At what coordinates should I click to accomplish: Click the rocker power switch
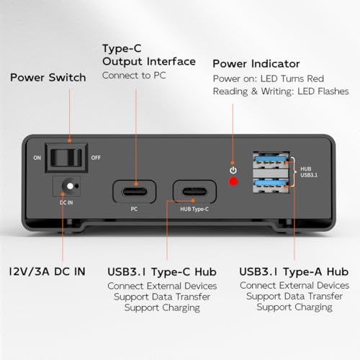[x=66, y=158]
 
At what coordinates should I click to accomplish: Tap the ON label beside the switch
[x=37, y=158]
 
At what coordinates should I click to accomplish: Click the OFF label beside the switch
[x=96, y=158]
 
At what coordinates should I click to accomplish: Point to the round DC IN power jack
[x=70, y=186]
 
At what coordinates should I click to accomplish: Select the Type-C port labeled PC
[x=135, y=192]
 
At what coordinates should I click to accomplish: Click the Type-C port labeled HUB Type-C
[x=194, y=192]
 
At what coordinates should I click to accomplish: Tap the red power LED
[x=233, y=181]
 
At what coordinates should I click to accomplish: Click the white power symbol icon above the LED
[x=233, y=170]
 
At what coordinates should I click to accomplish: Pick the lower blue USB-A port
[x=271, y=185]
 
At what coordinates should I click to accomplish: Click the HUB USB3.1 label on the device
[x=309, y=172]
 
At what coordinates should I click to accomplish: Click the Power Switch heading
[x=48, y=78]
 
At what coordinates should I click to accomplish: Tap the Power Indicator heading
[x=256, y=64]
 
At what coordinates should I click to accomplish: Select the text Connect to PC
[x=134, y=76]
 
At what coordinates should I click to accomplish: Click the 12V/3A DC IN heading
[x=47, y=271]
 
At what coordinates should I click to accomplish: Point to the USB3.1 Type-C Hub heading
[x=162, y=272]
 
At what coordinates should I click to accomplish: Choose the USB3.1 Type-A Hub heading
[x=294, y=271]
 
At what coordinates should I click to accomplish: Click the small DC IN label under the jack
[x=66, y=202]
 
